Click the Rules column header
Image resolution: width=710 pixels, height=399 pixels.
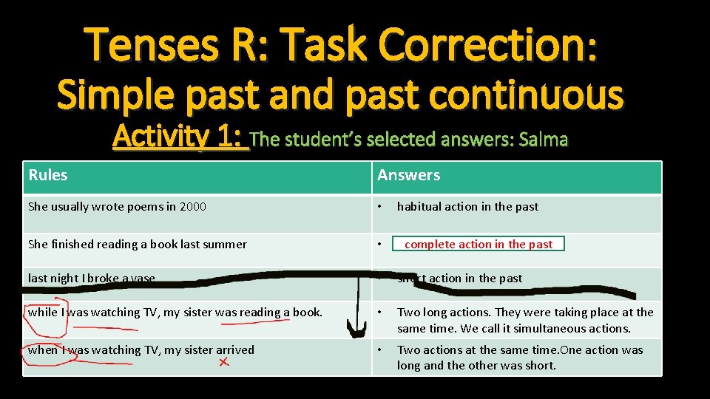point(48,175)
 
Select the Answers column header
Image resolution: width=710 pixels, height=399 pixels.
point(408,175)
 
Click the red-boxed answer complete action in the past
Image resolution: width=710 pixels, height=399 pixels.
point(479,244)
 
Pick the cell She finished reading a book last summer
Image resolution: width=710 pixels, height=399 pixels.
point(138,244)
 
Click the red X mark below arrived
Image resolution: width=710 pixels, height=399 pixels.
point(224,361)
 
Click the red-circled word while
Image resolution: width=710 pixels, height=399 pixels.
point(42,313)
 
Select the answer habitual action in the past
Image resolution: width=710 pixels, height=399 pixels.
point(467,207)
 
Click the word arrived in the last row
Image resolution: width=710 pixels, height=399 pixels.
point(234,350)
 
